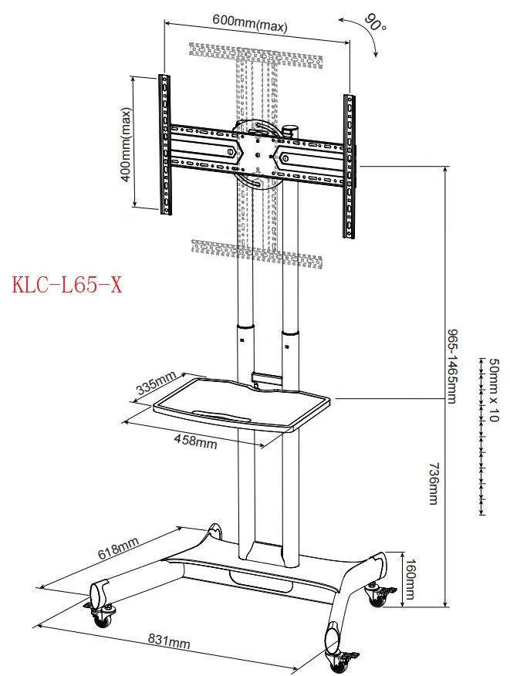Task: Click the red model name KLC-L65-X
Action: pyautogui.click(x=67, y=286)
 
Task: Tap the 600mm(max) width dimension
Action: pyautogui.click(x=250, y=25)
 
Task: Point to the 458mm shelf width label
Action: pyautogui.click(x=195, y=441)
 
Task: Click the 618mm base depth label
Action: pyautogui.click(x=117, y=549)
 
